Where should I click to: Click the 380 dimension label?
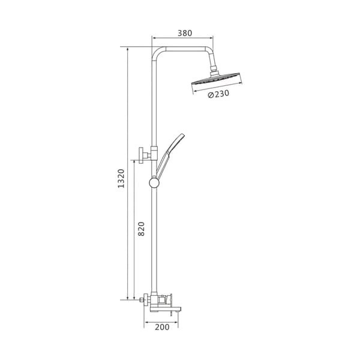pyautogui.click(x=185, y=33)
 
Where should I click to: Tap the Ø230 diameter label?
pyautogui.click(x=218, y=94)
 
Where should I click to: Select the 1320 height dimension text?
pyautogui.click(x=121, y=178)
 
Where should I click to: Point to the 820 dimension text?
pyautogui.click(x=141, y=229)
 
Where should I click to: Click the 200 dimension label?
pyautogui.click(x=162, y=327)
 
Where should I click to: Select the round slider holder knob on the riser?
pyautogui.click(x=154, y=183)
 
